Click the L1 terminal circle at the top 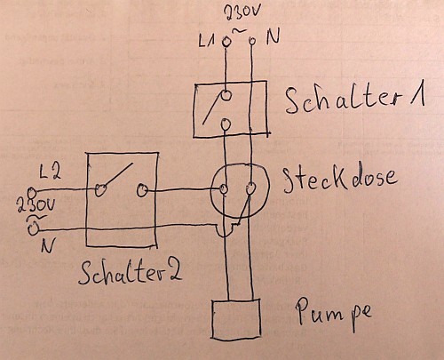pos(226,41)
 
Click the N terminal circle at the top pos(252,40)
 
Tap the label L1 pos(206,41)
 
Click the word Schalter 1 pos(355,99)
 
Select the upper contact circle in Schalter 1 pos(226,95)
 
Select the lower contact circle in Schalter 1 pos(226,124)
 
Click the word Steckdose pos(340,180)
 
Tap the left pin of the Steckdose pos(224,188)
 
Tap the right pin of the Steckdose pos(250,188)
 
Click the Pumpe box pos(236,319)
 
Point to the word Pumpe pos(333,314)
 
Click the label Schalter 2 pos(131,273)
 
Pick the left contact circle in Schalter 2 pos(100,190)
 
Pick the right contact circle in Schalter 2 pos(142,190)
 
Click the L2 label pos(51,173)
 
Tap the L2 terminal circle pos(31,193)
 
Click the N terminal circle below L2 pos(33,229)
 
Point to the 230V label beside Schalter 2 pos(36,205)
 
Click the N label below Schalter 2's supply pos(47,245)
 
